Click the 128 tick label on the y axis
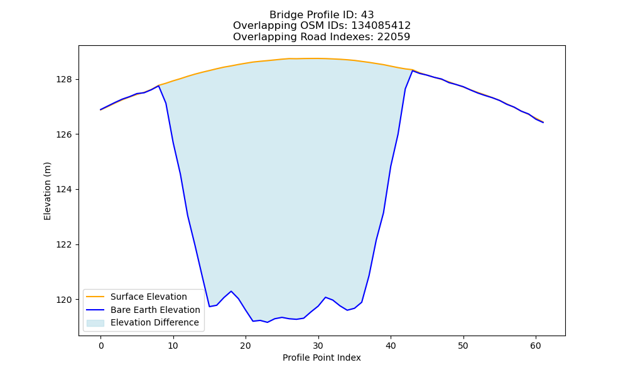point(64,79)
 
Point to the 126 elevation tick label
point(64,134)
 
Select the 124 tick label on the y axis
point(64,190)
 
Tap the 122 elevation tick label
point(64,245)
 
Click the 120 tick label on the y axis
point(64,300)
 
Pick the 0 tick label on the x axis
point(101,346)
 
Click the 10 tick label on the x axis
point(173,346)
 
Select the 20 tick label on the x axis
point(246,346)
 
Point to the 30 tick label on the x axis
point(318,346)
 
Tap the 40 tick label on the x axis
point(391,346)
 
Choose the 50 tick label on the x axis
point(463,346)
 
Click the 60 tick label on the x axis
point(536,346)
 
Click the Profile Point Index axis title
point(322,358)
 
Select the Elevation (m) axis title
point(47,191)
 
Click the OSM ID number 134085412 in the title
point(381,26)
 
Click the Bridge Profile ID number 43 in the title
point(367,15)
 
